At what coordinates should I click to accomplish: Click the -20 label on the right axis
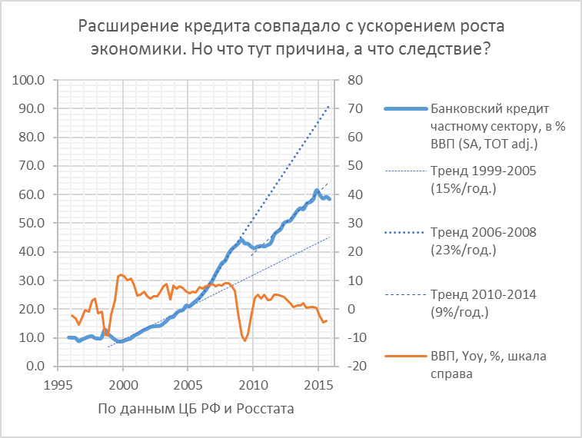[x=354, y=366]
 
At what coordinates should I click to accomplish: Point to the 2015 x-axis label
[x=319, y=383]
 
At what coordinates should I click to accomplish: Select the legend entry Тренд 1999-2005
[x=483, y=178]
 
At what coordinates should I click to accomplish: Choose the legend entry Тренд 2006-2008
[x=483, y=241]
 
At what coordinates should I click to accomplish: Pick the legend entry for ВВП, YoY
[x=483, y=366]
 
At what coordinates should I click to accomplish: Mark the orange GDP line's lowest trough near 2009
[x=245, y=340]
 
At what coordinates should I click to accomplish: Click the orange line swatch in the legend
[x=402, y=356]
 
